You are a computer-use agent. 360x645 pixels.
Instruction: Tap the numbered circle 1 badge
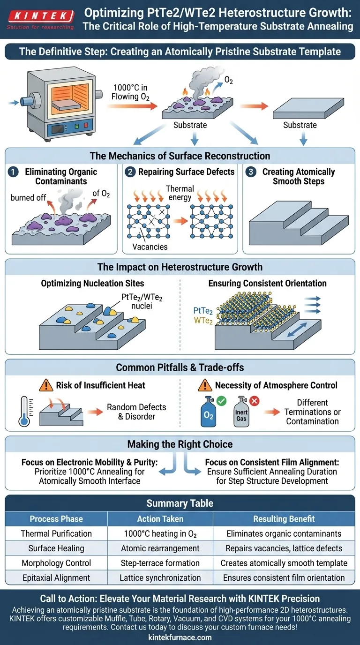(13, 172)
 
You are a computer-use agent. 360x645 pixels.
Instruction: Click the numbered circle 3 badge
(251, 172)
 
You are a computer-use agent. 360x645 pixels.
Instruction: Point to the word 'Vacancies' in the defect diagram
(150, 247)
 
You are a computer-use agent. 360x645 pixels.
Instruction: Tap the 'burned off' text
(29, 197)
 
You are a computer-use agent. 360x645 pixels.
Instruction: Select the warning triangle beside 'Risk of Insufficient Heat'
(45, 385)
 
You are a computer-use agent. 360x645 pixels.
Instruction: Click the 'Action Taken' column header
(160, 518)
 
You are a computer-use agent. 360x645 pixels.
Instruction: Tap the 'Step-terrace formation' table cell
(160, 563)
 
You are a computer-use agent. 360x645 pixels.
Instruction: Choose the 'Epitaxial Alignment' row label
(56, 577)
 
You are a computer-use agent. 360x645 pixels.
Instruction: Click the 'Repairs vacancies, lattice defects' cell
(284, 548)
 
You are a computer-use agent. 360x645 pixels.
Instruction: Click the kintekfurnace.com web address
(180, 637)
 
